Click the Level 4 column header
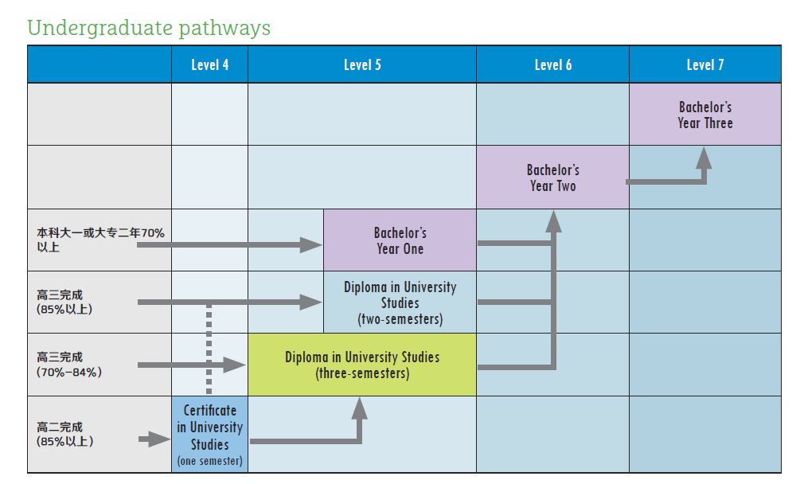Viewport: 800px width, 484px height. pyautogui.click(x=209, y=64)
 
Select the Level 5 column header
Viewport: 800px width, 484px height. pyautogui.click(x=362, y=64)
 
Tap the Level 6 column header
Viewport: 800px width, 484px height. pyautogui.click(x=552, y=64)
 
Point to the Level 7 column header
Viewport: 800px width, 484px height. pyautogui.click(x=705, y=64)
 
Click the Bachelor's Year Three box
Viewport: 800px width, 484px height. pyautogui.click(x=705, y=115)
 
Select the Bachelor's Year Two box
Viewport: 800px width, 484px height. pyautogui.click(x=552, y=178)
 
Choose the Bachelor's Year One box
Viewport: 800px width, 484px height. pyautogui.click(x=400, y=240)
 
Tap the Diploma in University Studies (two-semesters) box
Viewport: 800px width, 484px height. pyautogui.click(x=400, y=302)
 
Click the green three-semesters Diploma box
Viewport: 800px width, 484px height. pyautogui.click(x=362, y=365)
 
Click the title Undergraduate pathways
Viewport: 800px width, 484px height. pyautogui.click(x=149, y=28)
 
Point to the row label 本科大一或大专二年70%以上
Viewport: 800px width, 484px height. pyautogui.click(x=100, y=240)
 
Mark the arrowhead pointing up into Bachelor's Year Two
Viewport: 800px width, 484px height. pyautogui.click(x=553, y=221)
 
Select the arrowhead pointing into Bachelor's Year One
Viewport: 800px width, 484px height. pyautogui.click(x=312, y=244)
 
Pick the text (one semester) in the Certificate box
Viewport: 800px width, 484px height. pyautogui.click(x=210, y=461)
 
